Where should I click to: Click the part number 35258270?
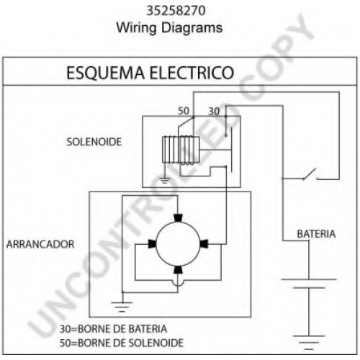click(176, 11)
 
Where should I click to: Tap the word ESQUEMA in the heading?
click(105, 73)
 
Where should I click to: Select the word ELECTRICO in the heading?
click(192, 73)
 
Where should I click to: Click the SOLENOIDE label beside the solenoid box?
click(94, 142)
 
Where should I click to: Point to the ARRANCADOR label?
click(40, 244)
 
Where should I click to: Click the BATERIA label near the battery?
click(316, 234)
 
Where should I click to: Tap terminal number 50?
click(184, 111)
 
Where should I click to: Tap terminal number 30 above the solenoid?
click(214, 112)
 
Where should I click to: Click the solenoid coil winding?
click(181, 150)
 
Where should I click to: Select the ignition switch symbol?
click(310, 175)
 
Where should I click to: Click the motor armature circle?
click(178, 244)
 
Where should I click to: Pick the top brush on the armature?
click(178, 218)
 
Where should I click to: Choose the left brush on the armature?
click(152, 244)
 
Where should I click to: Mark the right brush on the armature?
click(204, 244)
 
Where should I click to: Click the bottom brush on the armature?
click(178, 269)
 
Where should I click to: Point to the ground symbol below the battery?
click(309, 343)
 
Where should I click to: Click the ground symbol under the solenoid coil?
click(164, 180)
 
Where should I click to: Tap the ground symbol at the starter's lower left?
click(122, 307)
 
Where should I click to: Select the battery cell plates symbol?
click(309, 284)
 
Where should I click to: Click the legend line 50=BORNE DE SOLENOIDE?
click(122, 343)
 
